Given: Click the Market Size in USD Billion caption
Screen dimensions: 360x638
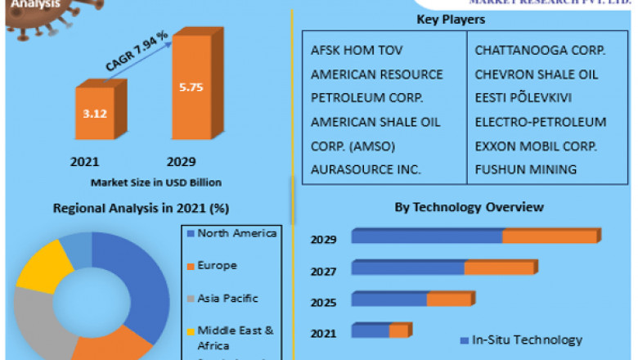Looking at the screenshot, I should click(155, 182).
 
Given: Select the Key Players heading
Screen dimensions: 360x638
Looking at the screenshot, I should click(451, 19).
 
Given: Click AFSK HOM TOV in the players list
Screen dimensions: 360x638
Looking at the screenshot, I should click(345, 51).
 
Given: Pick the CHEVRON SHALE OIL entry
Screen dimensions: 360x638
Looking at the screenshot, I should click(537, 74).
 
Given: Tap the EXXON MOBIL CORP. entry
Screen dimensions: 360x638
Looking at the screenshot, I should click(536, 146).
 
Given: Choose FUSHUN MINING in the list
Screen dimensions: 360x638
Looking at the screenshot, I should click(526, 170).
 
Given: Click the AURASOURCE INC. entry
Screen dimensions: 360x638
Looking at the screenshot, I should click(366, 170).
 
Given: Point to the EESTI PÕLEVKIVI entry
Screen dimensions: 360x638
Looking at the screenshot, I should click(523, 98).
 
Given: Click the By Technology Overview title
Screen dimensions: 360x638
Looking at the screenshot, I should click(469, 207).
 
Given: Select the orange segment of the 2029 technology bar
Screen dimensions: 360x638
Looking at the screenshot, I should click(550, 236).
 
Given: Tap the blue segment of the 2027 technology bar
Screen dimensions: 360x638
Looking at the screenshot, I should click(408, 268).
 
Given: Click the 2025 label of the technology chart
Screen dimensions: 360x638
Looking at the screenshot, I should click(323, 303).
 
